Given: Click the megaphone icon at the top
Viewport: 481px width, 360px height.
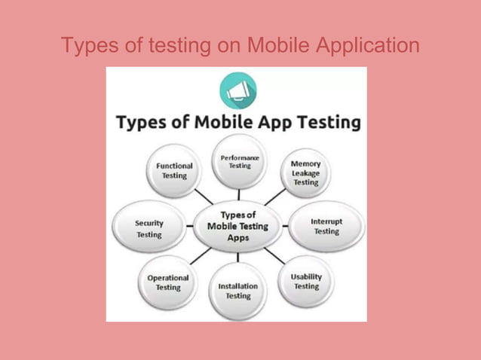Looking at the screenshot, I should point(237,90).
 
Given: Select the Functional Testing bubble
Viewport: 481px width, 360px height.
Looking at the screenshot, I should point(174,170).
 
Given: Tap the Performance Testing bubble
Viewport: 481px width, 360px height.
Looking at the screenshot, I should point(240,162).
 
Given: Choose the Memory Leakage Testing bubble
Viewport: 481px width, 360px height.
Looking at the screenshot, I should point(305,172).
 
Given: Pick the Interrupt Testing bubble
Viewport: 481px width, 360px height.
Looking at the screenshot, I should point(326,227).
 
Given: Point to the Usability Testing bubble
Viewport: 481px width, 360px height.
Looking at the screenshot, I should point(306,282).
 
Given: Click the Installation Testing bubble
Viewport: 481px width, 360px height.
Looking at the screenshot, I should point(237,291).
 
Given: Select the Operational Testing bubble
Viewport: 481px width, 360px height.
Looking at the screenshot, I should point(168,282).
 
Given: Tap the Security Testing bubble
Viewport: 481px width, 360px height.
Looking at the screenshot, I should point(149,228).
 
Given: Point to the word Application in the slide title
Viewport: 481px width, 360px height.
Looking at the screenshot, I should point(369,47).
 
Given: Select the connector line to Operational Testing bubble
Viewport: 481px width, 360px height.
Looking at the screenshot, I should point(199,256).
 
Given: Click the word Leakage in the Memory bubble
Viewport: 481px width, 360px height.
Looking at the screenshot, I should point(305,172).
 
